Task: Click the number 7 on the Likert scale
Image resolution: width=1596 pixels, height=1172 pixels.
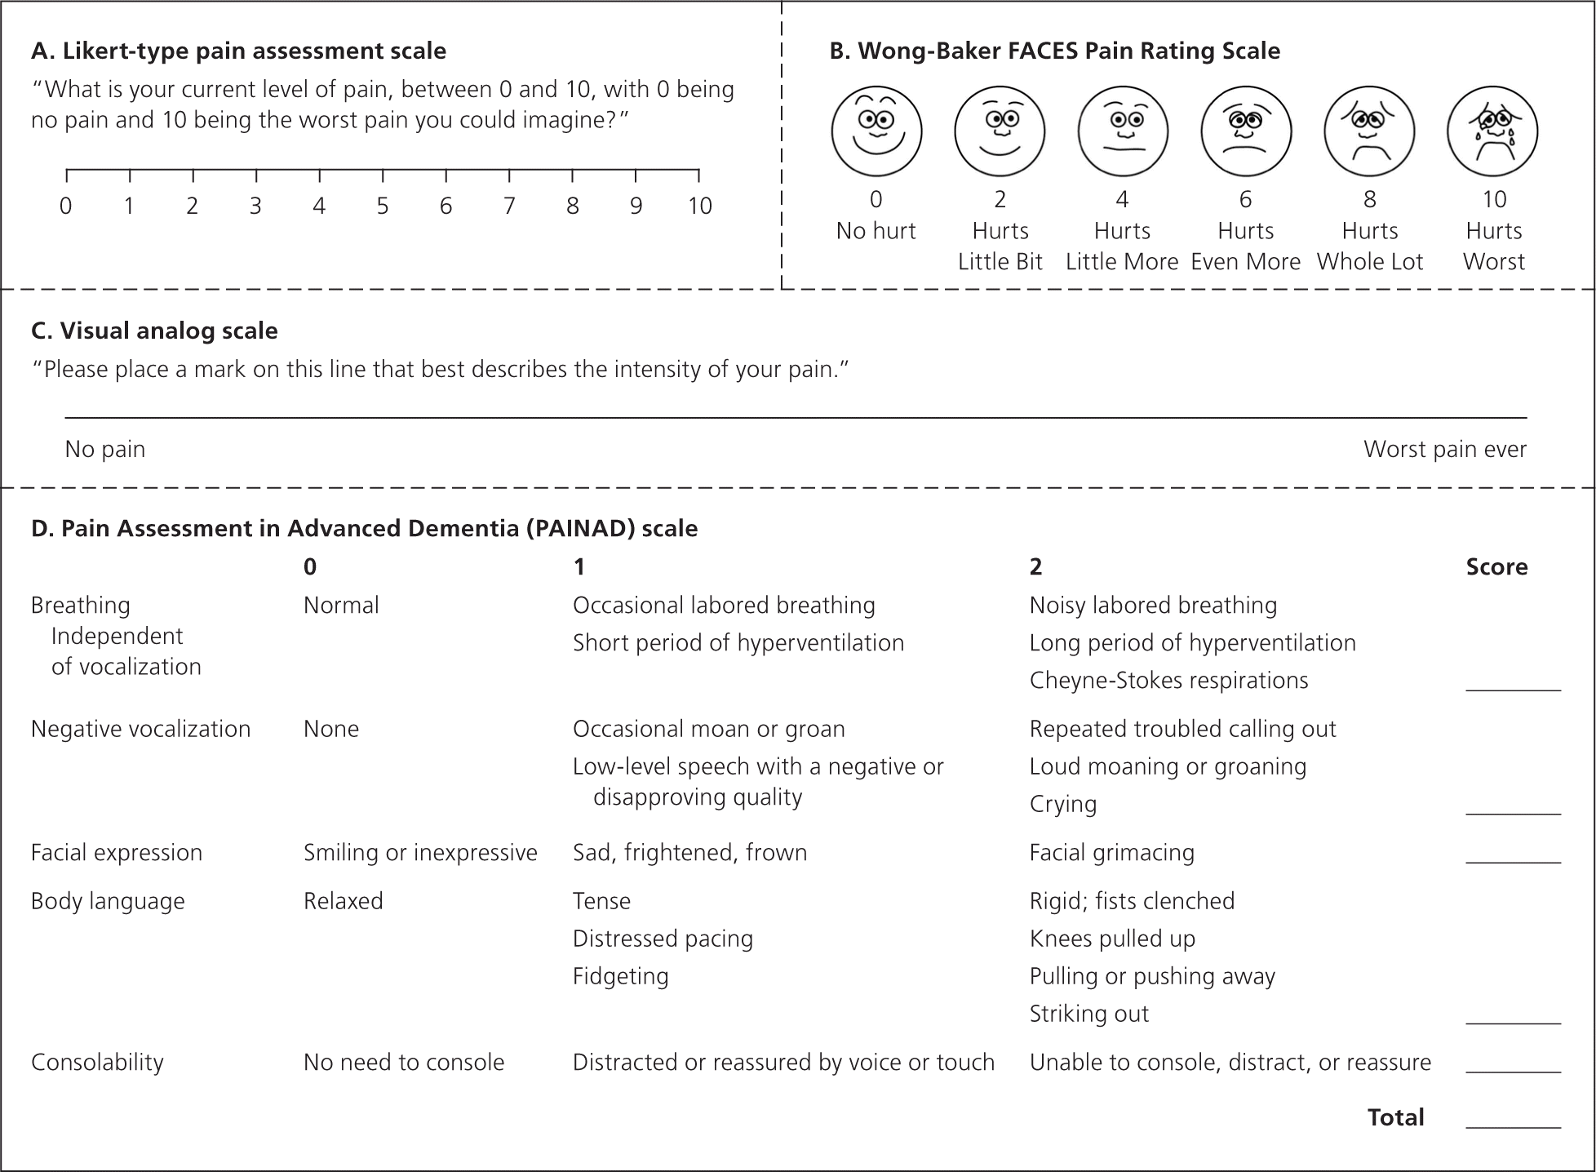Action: coord(509,206)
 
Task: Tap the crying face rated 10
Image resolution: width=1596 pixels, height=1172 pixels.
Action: coord(1492,131)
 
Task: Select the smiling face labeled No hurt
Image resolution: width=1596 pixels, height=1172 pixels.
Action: coord(876,131)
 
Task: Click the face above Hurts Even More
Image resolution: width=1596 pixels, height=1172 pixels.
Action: coord(1245,131)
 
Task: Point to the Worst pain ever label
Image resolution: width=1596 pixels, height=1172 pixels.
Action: coord(1444,449)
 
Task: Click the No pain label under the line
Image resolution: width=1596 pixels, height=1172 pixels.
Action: coord(105,449)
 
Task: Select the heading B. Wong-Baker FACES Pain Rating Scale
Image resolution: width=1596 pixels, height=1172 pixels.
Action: coord(1054,51)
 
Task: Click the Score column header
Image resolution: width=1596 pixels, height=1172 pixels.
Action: coord(1496,566)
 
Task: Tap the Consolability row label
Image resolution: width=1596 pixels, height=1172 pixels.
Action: coord(97,1062)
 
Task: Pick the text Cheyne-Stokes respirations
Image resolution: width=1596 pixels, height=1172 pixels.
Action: coord(1168,680)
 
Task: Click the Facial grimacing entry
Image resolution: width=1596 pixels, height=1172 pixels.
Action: coord(1111,852)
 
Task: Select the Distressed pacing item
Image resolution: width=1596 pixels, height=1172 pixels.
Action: coord(663,939)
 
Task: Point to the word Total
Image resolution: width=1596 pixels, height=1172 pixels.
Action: coord(1395,1117)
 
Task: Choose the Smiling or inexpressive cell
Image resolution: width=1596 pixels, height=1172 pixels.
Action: coord(420,852)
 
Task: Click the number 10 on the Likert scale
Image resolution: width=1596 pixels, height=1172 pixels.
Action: coord(699,206)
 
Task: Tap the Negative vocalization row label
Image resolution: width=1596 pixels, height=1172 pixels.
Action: coord(140,729)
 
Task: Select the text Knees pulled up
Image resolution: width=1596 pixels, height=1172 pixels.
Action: coord(1112,939)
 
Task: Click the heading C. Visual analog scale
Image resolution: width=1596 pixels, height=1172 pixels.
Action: coord(154,331)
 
